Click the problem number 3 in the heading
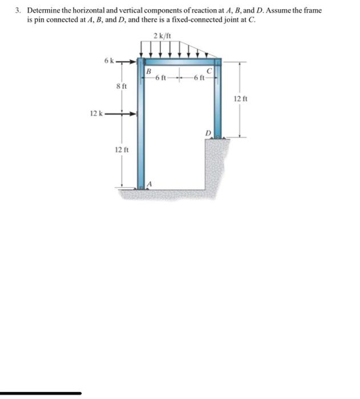point(18,10)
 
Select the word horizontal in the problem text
point(92,10)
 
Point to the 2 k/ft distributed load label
point(161,36)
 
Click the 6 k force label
point(109,60)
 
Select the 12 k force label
point(95,113)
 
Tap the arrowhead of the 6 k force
point(136,60)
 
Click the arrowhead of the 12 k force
point(136,114)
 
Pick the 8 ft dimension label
point(121,86)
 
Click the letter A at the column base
point(149,184)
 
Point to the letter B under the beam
point(148,71)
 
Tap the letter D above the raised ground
point(208,132)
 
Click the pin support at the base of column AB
point(141,187)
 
